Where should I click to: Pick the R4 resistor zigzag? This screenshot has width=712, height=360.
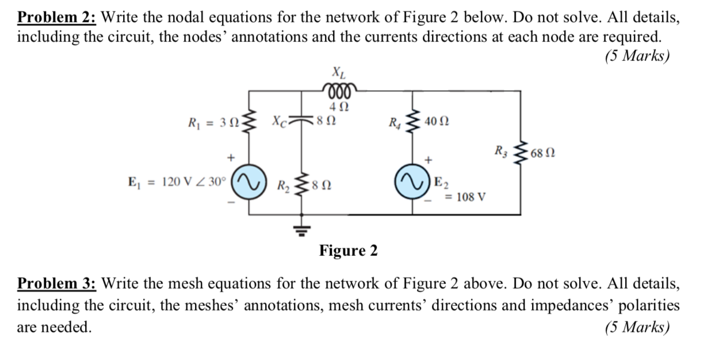point(414,121)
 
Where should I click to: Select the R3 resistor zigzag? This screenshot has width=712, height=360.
point(520,153)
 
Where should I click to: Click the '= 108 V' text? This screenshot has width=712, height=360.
point(466,197)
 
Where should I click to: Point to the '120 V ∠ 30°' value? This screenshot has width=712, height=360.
point(194,182)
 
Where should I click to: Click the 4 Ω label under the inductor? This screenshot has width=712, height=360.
point(338,106)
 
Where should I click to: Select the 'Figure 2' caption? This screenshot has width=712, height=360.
point(349,251)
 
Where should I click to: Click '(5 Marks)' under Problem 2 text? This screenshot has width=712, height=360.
point(637,56)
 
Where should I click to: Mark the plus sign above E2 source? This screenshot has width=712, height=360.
point(428,158)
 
